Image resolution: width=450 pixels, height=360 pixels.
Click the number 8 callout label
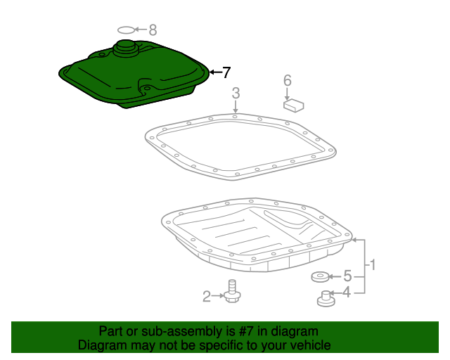153,30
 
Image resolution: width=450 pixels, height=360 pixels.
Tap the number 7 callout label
226,72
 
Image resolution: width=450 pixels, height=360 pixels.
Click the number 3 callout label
236,92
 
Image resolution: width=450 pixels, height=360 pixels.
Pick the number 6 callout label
287,80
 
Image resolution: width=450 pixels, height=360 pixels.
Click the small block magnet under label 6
292,105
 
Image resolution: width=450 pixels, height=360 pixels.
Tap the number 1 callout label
373,265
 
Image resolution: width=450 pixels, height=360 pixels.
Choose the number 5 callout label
347,277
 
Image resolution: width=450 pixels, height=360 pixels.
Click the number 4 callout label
347,292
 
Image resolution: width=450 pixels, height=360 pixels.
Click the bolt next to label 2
232,292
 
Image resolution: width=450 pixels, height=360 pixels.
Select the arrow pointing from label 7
214,72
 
